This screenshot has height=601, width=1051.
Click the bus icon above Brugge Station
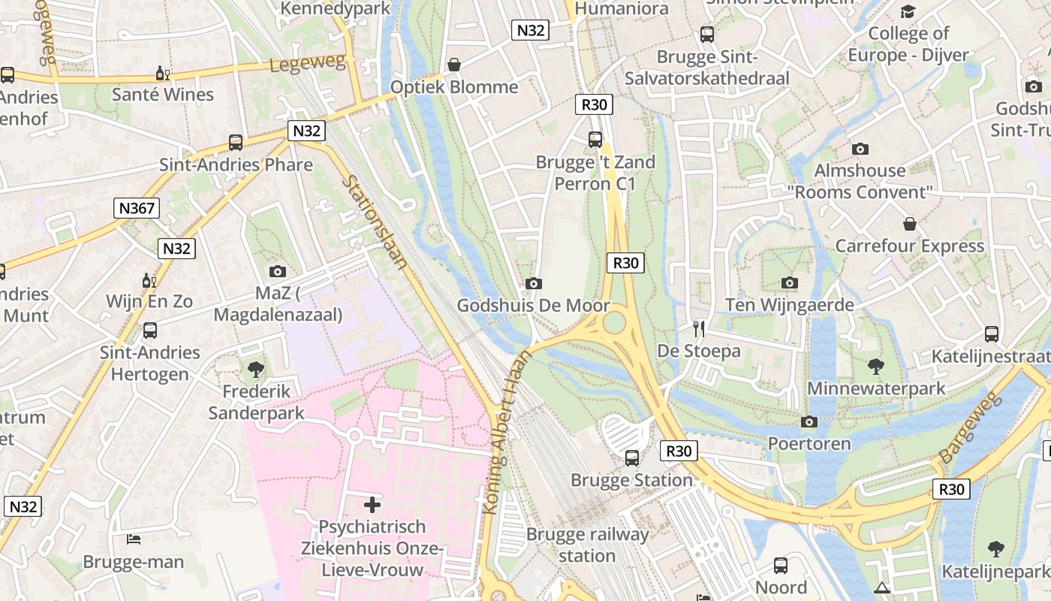[x=632, y=458]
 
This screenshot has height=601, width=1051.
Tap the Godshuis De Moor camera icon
[x=534, y=283]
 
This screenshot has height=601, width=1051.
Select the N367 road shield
[x=137, y=208]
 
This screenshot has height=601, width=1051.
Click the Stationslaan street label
[x=375, y=222]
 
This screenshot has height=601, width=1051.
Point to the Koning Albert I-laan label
[x=507, y=433]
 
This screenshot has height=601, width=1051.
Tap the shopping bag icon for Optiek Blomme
[x=454, y=65]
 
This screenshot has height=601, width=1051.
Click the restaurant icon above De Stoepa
[x=699, y=328]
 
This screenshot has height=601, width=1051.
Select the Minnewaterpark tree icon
[x=875, y=367]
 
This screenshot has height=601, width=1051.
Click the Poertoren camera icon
[x=809, y=421]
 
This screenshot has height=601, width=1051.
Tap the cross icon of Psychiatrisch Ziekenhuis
[x=372, y=504]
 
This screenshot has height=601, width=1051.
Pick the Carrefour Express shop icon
[x=910, y=224]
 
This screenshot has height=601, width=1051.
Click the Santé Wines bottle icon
[x=162, y=73]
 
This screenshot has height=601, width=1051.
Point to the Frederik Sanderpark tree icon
[x=256, y=369]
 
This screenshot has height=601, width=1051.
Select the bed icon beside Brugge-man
[x=134, y=539]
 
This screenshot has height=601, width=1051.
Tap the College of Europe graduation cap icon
[x=908, y=11]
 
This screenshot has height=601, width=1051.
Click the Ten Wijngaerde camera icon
[x=789, y=282]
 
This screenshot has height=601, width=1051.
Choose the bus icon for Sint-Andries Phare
[x=236, y=142]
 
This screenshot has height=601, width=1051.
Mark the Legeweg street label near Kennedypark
[x=308, y=65]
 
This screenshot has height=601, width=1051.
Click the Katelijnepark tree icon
[x=995, y=548]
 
